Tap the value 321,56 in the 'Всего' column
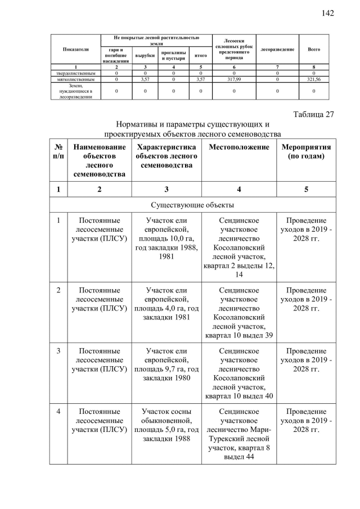[x=313, y=79]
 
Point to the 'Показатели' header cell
[x=75, y=49]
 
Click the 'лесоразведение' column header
[x=277, y=49]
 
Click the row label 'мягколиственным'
[x=75, y=79]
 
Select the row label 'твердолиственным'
[x=75, y=73]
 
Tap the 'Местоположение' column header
[x=238, y=147]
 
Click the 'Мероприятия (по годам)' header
[x=306, y=151]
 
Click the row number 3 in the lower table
[x=58, y=352]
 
